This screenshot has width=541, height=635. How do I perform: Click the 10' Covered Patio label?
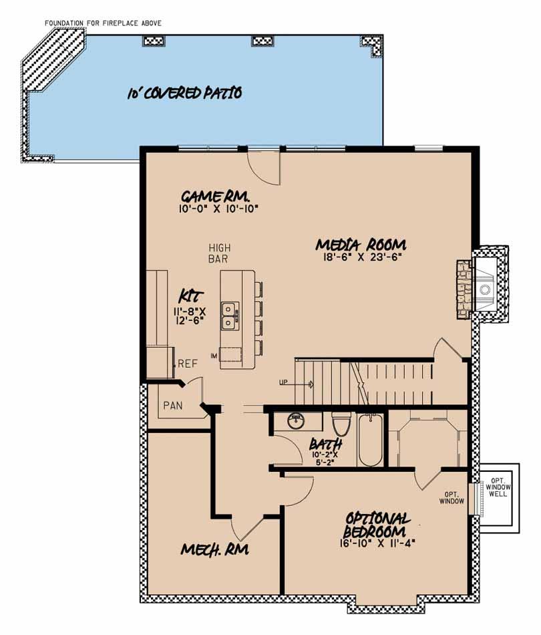point(184,93)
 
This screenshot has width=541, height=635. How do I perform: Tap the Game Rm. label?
point(215,197)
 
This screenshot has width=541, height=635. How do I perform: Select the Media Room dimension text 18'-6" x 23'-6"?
point(361,256)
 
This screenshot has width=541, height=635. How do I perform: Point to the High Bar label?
point(219,252)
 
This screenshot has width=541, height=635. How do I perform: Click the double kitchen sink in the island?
point(229,315)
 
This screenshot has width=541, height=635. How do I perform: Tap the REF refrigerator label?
point(187,364)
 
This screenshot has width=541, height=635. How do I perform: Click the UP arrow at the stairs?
point(297,384)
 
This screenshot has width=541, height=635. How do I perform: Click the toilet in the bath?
point(341,424)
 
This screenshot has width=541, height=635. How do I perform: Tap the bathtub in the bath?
point(369,441)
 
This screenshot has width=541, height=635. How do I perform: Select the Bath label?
point(326,444)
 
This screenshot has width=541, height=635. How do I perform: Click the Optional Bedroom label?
point(377,525)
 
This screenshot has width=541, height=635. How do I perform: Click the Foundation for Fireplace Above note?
point(103,23)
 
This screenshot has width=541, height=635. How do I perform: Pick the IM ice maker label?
point(214,354)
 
